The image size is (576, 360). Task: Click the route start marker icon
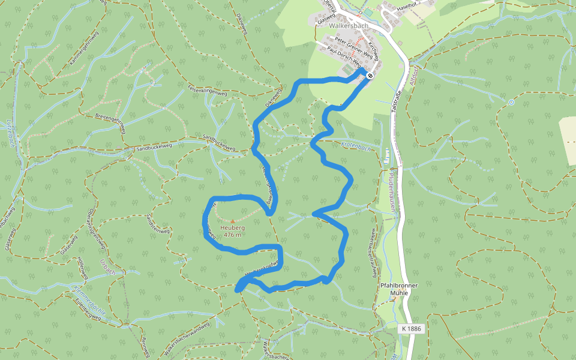point(370,76)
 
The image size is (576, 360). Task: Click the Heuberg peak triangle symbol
point(233,221)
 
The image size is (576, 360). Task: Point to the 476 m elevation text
point(232,235)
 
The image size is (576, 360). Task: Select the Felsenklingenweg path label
point(207,91)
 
